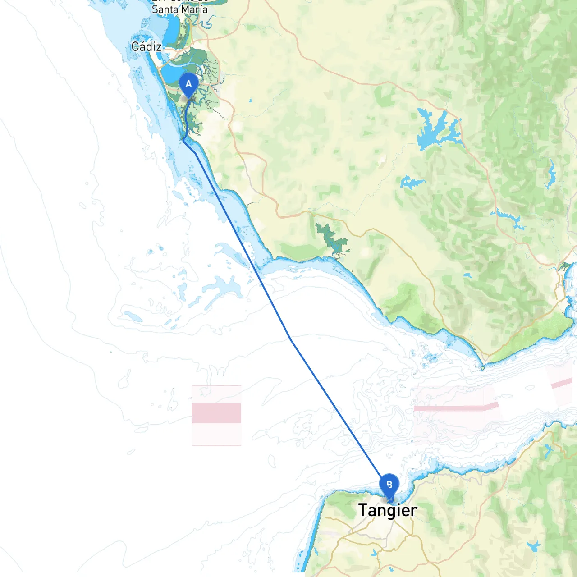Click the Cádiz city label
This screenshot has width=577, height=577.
(147, 46)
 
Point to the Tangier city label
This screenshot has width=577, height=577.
(388, 510)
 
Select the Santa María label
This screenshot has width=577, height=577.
(180, 9)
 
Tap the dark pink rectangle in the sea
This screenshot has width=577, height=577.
(216, 412)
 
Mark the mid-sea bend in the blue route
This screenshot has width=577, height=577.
(291, 339)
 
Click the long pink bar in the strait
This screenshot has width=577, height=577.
(455, 408)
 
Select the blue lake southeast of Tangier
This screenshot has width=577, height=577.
(534, 546)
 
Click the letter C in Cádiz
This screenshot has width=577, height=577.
(135, 46)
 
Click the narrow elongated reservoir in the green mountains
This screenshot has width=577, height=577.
(550, 174)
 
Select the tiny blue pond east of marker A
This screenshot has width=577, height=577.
(250, 100)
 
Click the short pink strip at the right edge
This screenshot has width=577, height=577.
(562, 384)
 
